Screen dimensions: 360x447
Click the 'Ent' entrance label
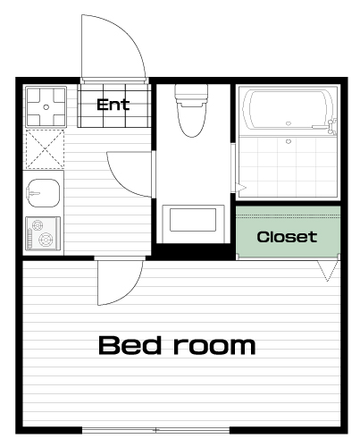click(113, 105)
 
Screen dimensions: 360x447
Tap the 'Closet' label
click(287, 237)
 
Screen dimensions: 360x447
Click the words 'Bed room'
click(177, 345)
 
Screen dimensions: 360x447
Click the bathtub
click(288, 110)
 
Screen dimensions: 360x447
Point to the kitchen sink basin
click(44, 193)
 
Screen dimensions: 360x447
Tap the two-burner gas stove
click(43, 233)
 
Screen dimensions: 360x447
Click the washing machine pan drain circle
click(46, 107)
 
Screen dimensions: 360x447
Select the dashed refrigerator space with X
click(45, 148)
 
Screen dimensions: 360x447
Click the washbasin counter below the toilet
click(193, 223)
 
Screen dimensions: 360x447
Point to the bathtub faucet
click(331, 125)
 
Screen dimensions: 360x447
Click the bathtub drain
click(288, 123)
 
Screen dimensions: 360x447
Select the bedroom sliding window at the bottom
click(155, 430)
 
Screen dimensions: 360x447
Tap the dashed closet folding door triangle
click(328, 271)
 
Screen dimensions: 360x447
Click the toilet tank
click(191, 92)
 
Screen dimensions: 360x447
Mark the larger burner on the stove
click(46, 240)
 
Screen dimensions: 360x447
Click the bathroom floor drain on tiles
click(288, 141)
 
